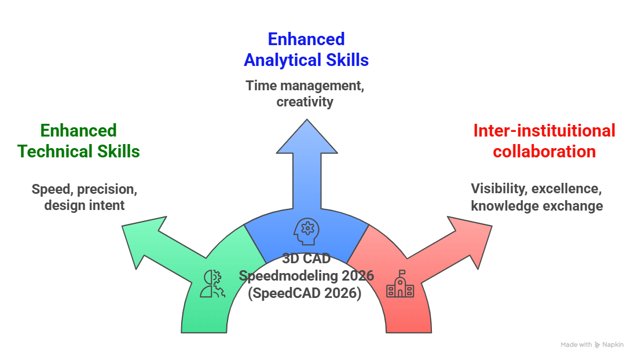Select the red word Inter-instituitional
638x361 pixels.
coord(544,131)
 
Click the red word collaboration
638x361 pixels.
coord(544,152)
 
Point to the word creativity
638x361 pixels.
coord(306,102)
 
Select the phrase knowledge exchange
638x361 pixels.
coord(537,206)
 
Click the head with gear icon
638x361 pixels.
coord(305,230)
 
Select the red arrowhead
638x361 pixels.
coord(469,237)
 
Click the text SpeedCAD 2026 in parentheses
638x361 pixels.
coord(305,293)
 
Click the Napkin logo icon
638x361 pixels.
coord(597,345)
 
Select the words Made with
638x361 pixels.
coord(575,345)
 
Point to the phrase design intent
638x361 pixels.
coord(85,205)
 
